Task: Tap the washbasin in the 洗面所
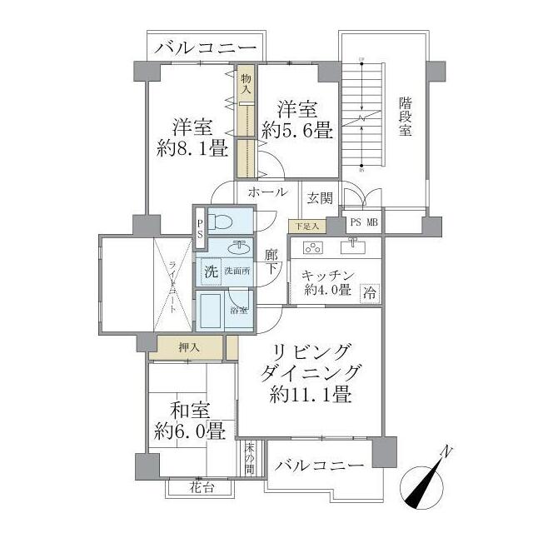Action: coord(240,247)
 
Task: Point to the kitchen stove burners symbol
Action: coord(314,247)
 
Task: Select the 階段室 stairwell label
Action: coord(405,117)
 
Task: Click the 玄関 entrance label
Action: coord(320,197)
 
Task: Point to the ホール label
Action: coord(266,192)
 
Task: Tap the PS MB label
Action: coord(363,222)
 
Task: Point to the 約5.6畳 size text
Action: coord(296,130)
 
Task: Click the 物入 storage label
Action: coord(247,83)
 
